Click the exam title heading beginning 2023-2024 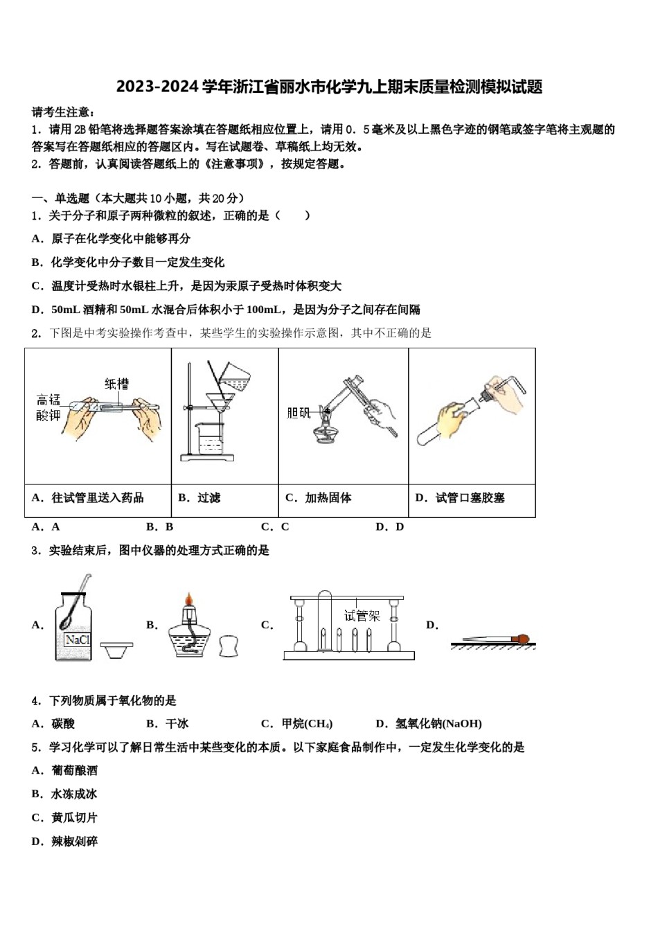coord(329,87)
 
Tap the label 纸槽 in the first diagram coord(117,383)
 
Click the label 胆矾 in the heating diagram coord(299,413)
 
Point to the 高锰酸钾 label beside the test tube coord(48,407)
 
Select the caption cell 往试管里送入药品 coord(88,497)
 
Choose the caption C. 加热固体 coord(319,497)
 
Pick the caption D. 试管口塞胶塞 coord(460,497)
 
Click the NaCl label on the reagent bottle coord(78,639)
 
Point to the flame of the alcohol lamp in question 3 coord(187,599)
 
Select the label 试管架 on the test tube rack coord(362,615)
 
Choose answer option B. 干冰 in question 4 coord(168,724)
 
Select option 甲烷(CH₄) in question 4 coord(297,724)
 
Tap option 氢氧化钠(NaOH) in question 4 coord(429,724)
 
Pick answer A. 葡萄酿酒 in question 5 coord(65,770)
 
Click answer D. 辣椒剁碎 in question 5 coord(65,841)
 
